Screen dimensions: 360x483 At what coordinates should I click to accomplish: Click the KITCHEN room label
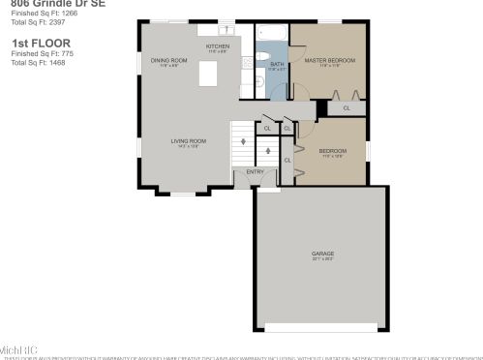[x=218, y=46]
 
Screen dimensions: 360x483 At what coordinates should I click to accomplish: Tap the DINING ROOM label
[x=168, y=61]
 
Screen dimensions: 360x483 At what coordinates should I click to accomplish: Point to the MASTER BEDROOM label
[x=326, y=61]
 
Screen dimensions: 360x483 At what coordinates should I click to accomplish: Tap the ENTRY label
[x=255, y=171]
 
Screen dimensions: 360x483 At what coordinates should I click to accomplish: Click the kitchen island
[x=207, y=75]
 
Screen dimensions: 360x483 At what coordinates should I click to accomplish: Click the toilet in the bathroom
[x=263, y=83]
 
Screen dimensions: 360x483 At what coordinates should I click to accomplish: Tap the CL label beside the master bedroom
[x=345, y=109]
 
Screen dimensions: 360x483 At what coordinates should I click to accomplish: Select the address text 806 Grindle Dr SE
[x=53, y=4]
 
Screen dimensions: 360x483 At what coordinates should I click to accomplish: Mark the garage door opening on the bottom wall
[x=320, y=327]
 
